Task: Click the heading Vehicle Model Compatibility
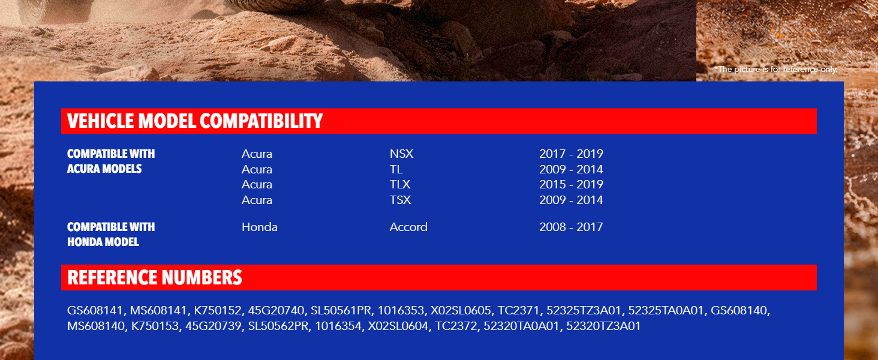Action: click(x=195, y=121)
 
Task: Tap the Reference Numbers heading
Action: click(x=155, y=277)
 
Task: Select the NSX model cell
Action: click(x=401, y=154)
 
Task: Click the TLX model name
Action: click(x=400, y=184)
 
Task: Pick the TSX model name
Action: click(x=400, y=200)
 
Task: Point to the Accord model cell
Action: click(x=408, y=227)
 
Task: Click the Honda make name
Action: click(x=260, y=227)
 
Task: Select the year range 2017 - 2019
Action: click(x=571, y=154)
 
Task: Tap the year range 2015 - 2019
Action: click(x=571, y=184)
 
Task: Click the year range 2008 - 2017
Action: click(x=571, y=227)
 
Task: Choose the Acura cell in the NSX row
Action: click(x=257, y=154)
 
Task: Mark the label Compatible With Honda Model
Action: click(x=111, y=235)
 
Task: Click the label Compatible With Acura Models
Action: click(x=111, y=161)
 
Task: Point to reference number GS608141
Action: click(x=95, y=311)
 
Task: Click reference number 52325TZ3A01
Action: click(x=584, y=311)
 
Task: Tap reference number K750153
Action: click(x=155, y=326)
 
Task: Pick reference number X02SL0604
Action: click(x=398, y=326)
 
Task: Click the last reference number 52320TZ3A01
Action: click(x=603, y=326)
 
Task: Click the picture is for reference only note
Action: click(x=775, y=70)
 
